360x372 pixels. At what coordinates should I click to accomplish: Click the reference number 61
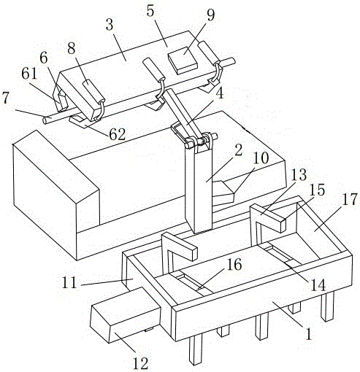(29, 74)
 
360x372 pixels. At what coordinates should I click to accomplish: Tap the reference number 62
(118, 134)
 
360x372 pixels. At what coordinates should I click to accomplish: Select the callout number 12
(140, 363)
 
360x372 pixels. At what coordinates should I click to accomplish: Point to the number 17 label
(350, 200)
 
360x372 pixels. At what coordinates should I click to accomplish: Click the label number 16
(234, 264)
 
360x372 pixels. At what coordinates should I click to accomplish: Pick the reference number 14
(318, 285)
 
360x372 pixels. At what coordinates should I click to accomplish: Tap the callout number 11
(69, 282)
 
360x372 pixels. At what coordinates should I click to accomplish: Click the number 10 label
(261, 158)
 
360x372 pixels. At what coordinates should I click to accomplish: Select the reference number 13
(299, 174)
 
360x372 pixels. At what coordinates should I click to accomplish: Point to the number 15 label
(317, 190)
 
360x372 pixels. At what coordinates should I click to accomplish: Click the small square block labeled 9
(183, 61)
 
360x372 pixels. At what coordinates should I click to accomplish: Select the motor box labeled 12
(126, 315)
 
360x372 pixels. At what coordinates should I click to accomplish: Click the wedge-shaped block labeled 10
(223, 192)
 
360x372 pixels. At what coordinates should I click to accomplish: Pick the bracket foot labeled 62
(82, 122)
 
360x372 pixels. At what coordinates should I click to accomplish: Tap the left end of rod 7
(45, 120)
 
